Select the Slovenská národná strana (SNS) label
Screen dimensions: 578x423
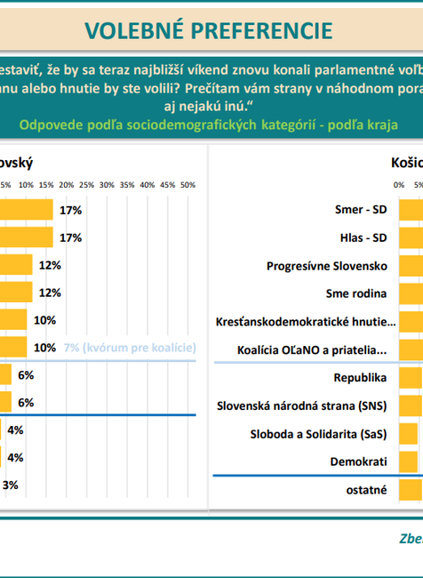point(303,405)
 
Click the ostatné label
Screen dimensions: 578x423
point(366,490)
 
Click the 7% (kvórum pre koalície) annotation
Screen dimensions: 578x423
point(130,348)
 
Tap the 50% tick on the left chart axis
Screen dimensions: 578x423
point(188,185)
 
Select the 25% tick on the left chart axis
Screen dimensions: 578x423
point(87,185)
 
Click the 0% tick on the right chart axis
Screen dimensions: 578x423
point(398,185)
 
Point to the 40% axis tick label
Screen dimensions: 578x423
point(148,185)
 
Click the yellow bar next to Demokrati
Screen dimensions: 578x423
point(408,462)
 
